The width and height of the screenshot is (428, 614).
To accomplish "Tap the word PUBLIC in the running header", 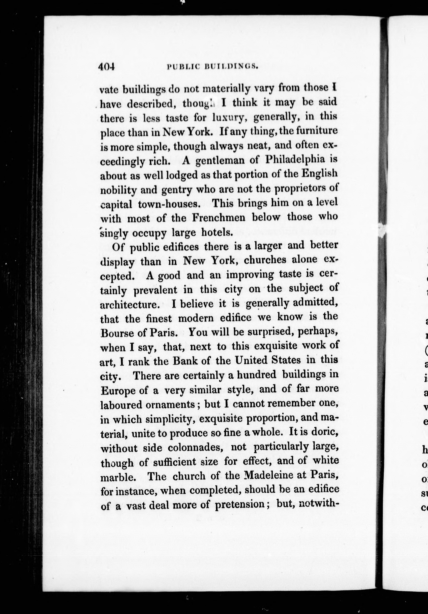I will (x=182, y=67).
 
